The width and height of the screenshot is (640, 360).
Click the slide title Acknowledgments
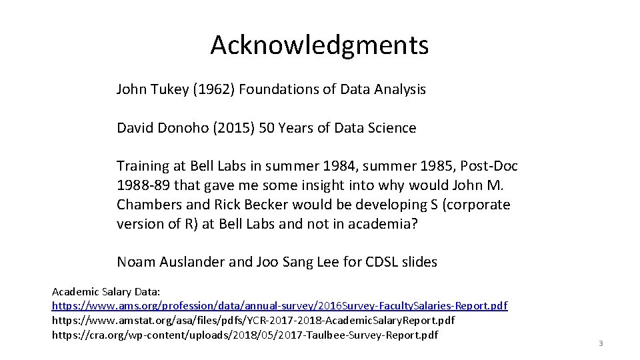click(x=319, y=45)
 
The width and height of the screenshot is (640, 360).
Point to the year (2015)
click(x=244, y=128)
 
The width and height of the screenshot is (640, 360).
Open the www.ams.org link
click(x=279, y=306)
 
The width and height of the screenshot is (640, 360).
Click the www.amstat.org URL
click(x=253, y=320)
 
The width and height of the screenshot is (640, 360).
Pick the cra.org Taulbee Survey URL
click(x=245, y=334)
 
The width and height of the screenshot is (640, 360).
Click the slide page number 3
click(x=601, y=344)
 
